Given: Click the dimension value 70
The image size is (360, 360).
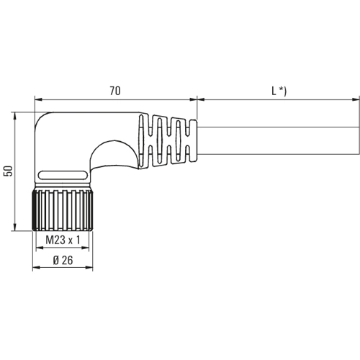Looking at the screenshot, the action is coord(115,91).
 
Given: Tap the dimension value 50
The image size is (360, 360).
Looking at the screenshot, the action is coord(9,171).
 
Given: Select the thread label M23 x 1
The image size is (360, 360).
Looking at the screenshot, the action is coord(63,240).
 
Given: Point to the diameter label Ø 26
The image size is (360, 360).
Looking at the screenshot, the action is coord(63,261).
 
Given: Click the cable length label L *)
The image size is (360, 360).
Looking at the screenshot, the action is coord(279,91).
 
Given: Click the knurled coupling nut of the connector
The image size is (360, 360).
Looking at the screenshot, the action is coord(63,210).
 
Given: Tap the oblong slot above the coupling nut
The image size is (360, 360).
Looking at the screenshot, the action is coord(63,175).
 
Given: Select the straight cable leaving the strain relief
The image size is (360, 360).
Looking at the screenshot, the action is coord(279,140).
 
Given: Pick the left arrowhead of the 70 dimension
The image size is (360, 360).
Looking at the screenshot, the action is coord(38,99).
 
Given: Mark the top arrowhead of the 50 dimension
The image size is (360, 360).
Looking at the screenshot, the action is coord(15,116).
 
